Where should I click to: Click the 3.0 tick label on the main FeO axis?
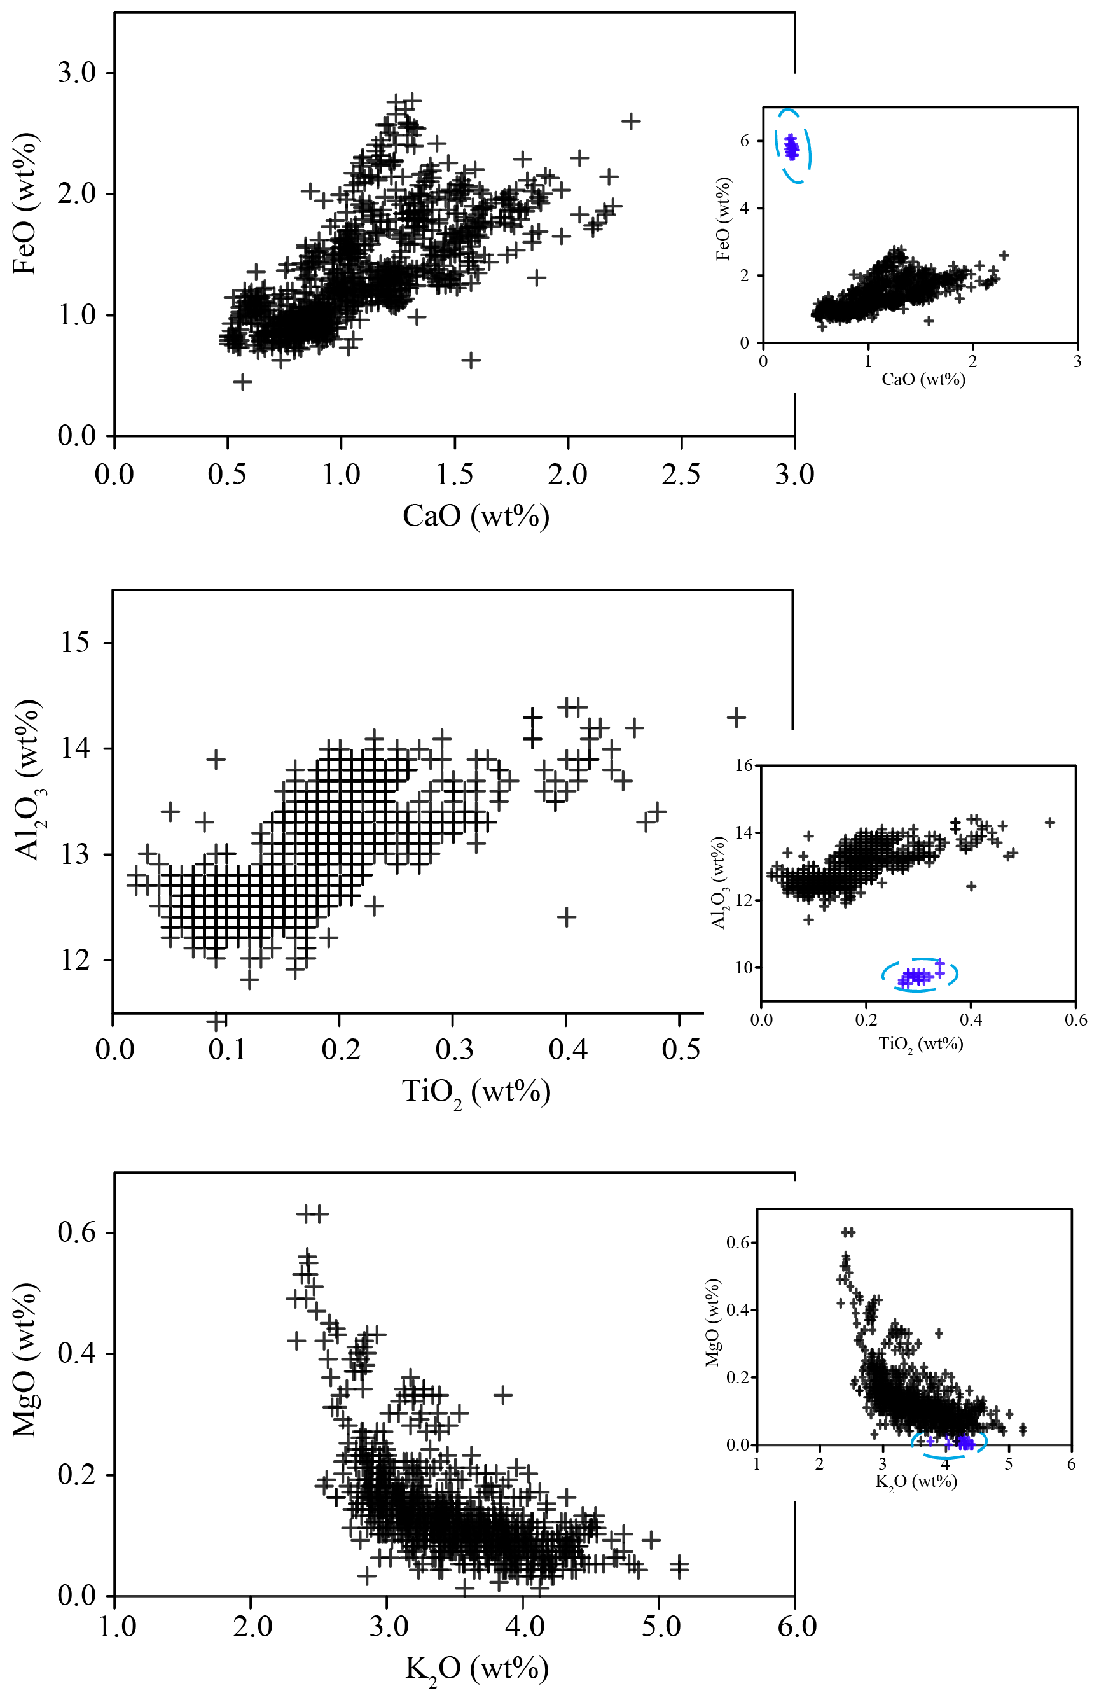pos(76,73)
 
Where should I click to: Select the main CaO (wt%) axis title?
pos(476,515)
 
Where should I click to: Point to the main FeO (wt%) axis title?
pos(25,205)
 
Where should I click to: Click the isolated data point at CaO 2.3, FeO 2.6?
pos(630,122)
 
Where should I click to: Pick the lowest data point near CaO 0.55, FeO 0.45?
pos(243,382)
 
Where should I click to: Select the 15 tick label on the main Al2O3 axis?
pos(76,643)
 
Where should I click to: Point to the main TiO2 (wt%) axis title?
pos(476,1092)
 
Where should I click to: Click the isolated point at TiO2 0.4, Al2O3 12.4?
pos(566,916)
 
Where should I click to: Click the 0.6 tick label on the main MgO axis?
pos(76,1232)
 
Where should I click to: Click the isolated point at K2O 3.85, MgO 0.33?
pos(503,1394)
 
